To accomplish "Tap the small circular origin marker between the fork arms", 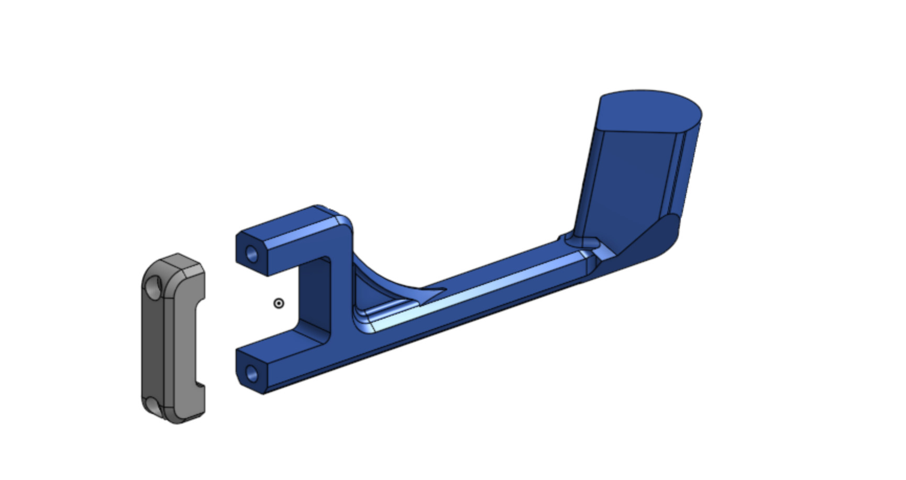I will tap(279, 303).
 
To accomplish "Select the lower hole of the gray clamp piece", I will tap(152, 404).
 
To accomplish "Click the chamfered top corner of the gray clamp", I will tap(178, 259).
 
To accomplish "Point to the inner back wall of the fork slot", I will tap(314, 299).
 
